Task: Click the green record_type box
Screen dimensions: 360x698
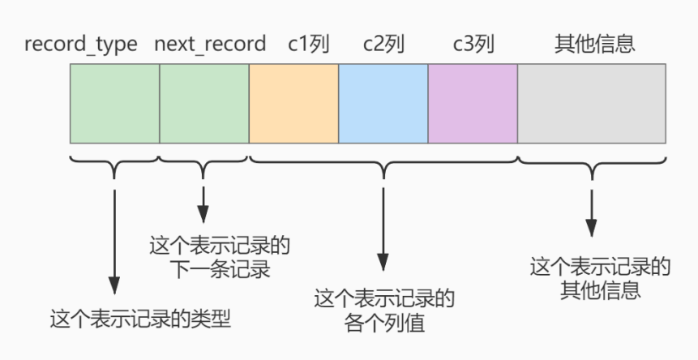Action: point(114,104)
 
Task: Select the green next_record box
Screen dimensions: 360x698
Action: point(204,104)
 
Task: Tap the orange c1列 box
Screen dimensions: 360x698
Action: point(293,104)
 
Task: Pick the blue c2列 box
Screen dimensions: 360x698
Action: point(383,104)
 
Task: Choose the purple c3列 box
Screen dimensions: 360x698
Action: point(473,104)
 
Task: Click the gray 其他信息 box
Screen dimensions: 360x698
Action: point(592,104)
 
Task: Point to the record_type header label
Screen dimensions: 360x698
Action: point(81,44)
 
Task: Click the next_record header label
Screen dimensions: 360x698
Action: point(210,44)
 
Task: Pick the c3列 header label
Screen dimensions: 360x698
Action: point(473,44)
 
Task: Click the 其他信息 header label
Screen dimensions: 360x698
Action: point(594,44)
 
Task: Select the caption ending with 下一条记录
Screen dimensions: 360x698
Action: point(221,257)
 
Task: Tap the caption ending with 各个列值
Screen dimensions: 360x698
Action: point(384,311)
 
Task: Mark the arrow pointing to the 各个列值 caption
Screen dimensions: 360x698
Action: point(383,227)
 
